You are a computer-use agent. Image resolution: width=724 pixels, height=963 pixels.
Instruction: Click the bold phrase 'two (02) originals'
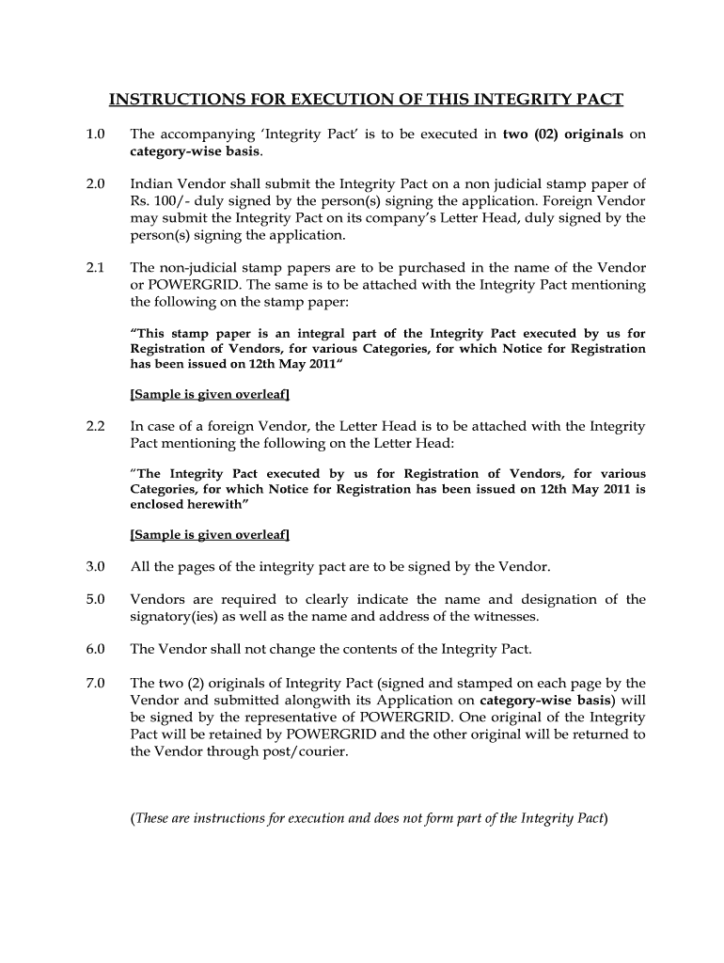pyautogui.click(x=563, y=134)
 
